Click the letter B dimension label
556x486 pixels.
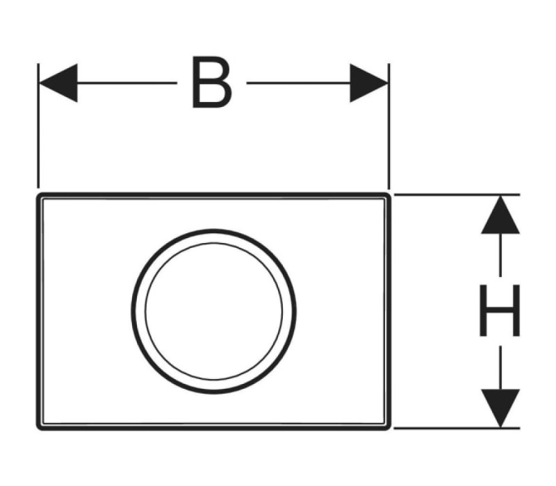pos(212,82)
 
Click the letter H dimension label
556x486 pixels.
pos(500,310)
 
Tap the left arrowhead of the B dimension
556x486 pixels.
pos(58,83)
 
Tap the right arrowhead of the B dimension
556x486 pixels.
pos(369,83)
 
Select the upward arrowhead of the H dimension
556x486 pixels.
pos(500,215)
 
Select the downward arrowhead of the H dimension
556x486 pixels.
pos(500,408)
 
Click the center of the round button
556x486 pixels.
pos(214,311)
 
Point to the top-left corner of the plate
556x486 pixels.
pos(37,194)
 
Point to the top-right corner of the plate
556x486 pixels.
pos(391,194)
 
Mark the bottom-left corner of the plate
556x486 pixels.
pos(37,430)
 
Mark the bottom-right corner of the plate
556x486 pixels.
pos(391,430)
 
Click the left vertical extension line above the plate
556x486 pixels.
pos(38,126)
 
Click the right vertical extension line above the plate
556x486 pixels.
pos(389,126)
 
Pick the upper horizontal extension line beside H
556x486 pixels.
pos(457,194)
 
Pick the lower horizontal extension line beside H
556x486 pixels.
pos(457,428)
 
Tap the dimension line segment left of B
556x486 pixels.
pos(127,83)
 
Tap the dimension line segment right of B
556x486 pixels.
pos(299,83)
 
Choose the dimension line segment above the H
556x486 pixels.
pos(500,255)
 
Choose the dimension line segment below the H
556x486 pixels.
pos(500,368)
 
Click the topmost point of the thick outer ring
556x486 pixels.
pos(214,231)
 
